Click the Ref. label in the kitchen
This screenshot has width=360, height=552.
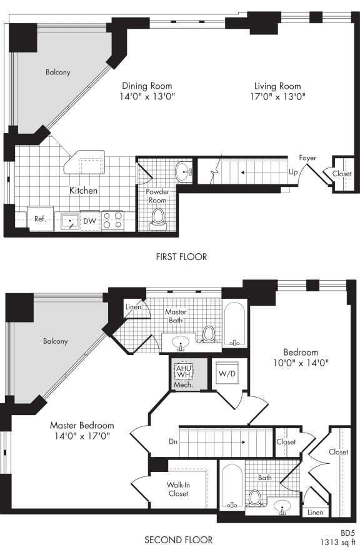(x=39, y=220)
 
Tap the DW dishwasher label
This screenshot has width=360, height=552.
(x=89, y=221)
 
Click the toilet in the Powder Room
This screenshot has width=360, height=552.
(x=157, y=217)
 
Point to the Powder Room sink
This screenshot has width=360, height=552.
(x=183, y=170)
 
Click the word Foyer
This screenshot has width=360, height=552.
(x=307, y=158)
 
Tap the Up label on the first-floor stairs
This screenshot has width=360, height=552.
(x=292, y=171)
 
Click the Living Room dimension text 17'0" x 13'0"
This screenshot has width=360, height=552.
(x=277, y=97)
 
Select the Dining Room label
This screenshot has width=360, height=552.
(x=147, y=86)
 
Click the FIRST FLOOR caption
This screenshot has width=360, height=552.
(x=182, y=257)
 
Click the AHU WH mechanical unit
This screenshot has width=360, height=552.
(x=183, y=371)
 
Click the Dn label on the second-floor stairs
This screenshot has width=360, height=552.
(x=173, y=441)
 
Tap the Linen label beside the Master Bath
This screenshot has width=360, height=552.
(x=133, y=307)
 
